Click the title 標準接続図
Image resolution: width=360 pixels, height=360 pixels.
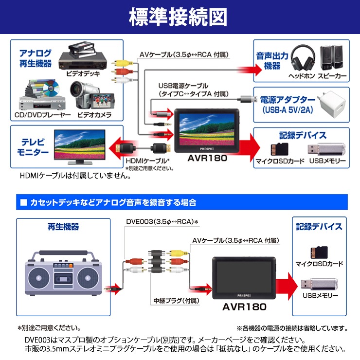(180, 17)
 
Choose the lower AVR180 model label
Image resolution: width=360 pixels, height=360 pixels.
(245, 307)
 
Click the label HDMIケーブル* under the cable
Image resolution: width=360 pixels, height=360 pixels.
(147, 161)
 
